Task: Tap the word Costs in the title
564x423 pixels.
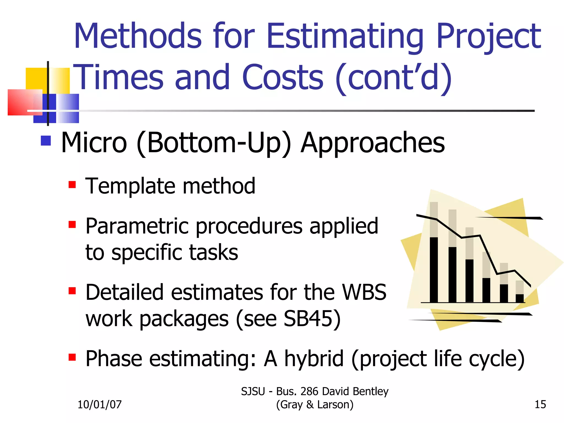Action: [283, 77]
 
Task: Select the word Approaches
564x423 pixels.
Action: [373, 143]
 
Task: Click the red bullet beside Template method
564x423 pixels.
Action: [72, 185]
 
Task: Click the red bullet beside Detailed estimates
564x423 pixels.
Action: [72, 291]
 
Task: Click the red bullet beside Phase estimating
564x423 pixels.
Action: [72, 357]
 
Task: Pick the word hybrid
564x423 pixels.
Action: [314, 359]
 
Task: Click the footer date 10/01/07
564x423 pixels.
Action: [99, 405]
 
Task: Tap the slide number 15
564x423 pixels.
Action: [540, 405]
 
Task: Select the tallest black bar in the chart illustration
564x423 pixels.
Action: [434, 270]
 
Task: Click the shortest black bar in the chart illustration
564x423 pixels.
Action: [520, 299]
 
